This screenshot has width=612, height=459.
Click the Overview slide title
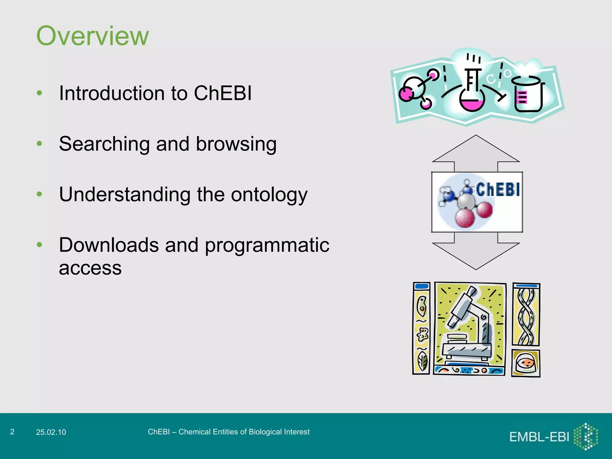92,36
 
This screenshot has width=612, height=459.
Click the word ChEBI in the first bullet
223,93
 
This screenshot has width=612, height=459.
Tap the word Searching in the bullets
104,144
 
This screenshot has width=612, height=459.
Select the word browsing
236,144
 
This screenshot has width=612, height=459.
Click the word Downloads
108,245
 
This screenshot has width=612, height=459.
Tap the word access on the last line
90,268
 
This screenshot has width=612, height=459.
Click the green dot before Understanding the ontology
39,194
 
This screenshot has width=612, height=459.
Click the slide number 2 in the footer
12,432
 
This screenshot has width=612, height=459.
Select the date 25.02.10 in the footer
51,432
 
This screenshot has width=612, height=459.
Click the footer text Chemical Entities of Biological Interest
244,432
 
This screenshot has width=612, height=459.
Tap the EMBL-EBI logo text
539,437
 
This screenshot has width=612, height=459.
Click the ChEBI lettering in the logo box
498,189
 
